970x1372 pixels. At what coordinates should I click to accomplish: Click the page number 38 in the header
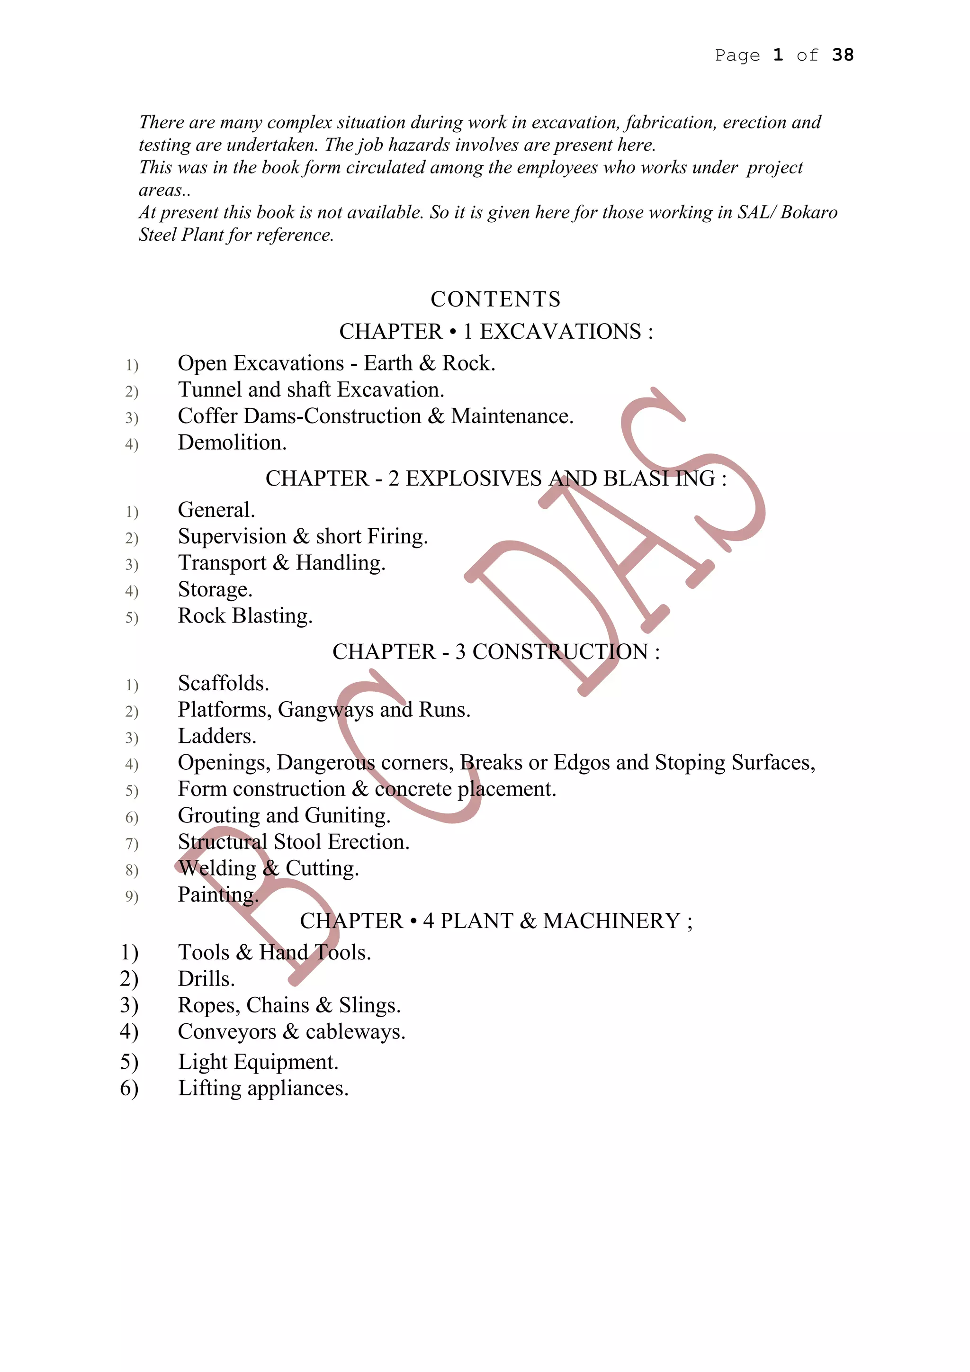coord(842,55)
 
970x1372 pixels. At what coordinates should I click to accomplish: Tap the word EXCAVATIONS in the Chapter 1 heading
coord(560,331)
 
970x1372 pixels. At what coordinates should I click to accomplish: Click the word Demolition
coord(232,443)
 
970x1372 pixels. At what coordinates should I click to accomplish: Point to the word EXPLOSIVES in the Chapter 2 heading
coord(474,478)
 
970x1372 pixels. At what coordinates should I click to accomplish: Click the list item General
coord(216,510)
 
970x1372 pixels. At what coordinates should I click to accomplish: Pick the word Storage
coord(215,589)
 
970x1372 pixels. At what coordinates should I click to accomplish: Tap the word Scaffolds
coord(224,683)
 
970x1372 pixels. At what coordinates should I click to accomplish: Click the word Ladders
coord(217,736)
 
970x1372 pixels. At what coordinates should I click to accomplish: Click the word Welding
coord(217,868)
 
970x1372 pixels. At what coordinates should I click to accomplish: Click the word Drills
coord(206,979)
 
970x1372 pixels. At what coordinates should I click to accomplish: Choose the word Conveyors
coord(227,1032)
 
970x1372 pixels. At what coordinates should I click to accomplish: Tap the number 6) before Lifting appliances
coord(129,1088)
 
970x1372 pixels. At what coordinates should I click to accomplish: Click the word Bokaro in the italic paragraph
coord(809,212)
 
